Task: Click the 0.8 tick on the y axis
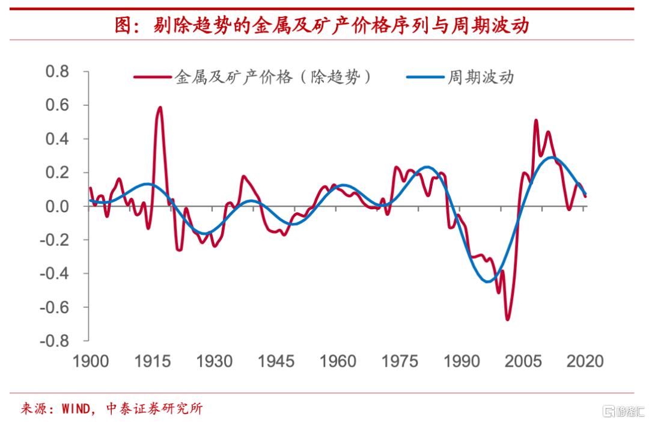58,72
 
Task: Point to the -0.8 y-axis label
55,341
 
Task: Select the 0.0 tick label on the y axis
58,206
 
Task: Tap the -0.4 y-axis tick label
55,274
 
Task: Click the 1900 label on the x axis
91,361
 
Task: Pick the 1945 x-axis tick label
276,361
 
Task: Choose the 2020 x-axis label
585,361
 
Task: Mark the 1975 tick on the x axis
400,361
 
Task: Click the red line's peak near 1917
160,108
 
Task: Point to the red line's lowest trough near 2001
507,319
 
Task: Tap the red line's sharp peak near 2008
535,121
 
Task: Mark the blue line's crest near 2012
552,157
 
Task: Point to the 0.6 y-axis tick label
58,105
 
